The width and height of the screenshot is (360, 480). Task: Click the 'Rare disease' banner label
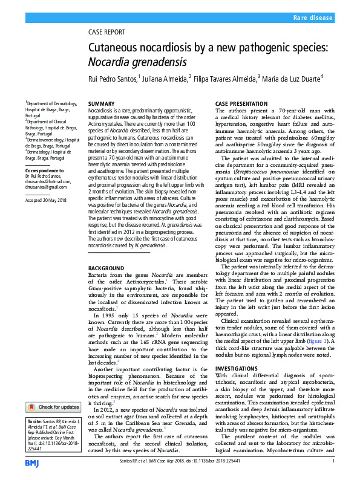tap(312, 18)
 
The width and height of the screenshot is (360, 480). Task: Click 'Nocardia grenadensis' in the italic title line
tap(130, 61)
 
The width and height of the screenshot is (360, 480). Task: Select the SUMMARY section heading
tap(101, 105)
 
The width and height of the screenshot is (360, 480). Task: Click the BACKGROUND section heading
tap(106, 268)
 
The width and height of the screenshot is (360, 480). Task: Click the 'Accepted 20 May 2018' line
tap(46, 199)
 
